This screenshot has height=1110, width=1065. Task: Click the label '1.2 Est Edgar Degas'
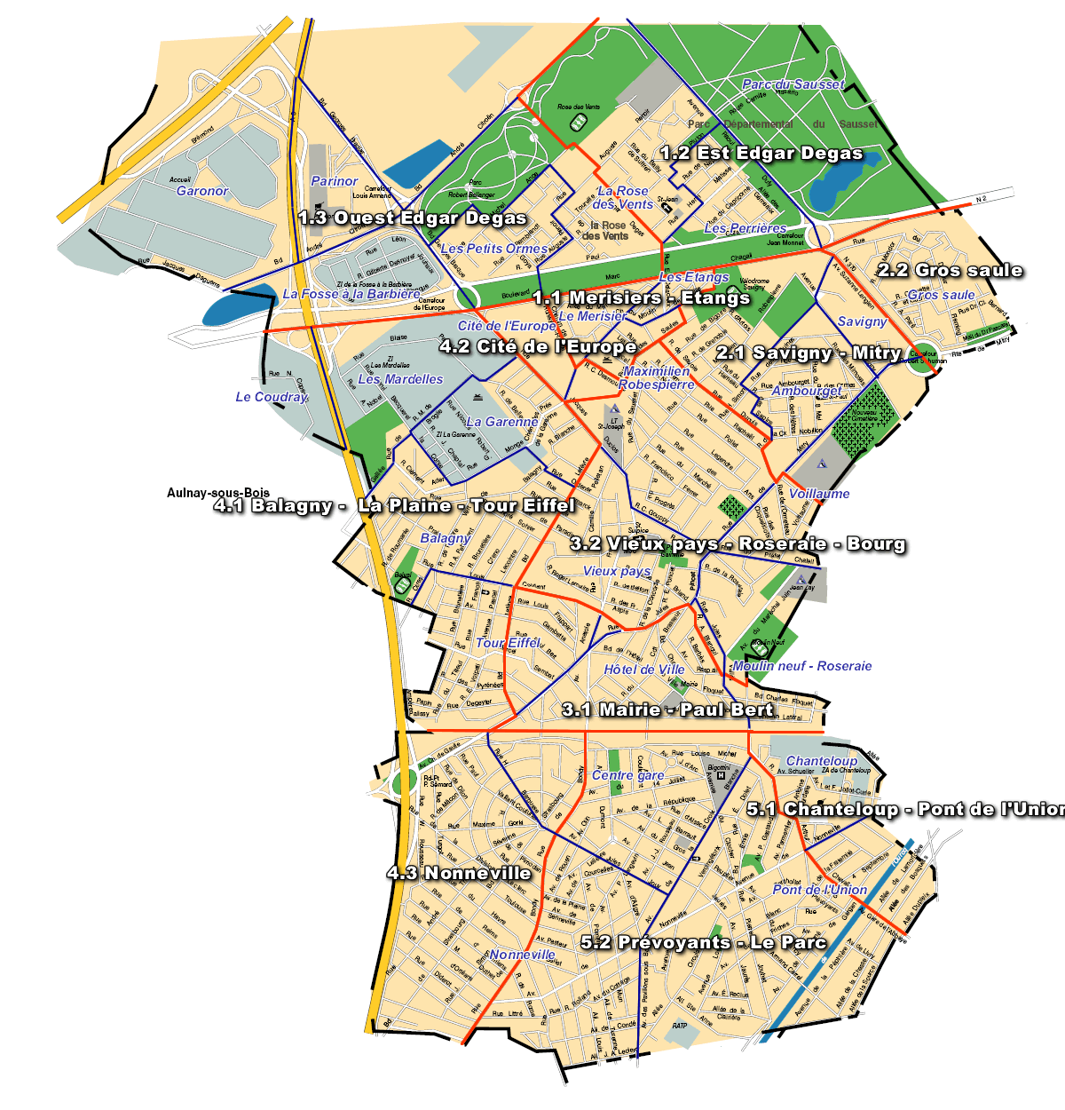(x=761, y=153)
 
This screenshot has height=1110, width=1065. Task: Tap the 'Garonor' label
(x=202, y=191)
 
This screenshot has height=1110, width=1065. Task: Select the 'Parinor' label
(x=335, y=181)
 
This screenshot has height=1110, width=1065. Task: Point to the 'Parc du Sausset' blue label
(x=793, y=84)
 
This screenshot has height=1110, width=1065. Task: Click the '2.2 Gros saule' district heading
(x=950, y=270)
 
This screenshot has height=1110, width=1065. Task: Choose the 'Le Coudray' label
(x=272, y=397)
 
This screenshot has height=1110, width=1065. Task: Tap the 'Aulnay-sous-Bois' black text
(x=218, y=493)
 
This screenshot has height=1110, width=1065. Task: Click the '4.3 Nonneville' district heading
(x=459, y=873)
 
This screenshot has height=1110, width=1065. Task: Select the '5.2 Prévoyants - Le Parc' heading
(x=704, y=942)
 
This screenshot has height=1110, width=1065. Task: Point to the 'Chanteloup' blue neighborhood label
(x=822, y=761)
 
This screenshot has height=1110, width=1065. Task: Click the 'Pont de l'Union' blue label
(x=819, y=890)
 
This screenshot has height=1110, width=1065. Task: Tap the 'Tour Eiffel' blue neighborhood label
(x=508, y=642)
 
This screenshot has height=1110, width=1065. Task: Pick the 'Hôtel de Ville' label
(x=644, y=670)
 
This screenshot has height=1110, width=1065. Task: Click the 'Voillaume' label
(x=819, y=494)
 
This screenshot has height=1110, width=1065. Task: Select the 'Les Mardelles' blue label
(x=400, y=379)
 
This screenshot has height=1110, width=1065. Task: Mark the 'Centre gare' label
(x=628, y=775)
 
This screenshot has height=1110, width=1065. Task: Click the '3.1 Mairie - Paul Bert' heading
(x=667, y=710)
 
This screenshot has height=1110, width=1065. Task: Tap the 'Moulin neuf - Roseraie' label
(x=802, y=666)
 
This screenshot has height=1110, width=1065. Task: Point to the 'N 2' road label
(x=981, y=200)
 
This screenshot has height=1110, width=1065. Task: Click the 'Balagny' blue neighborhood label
(x=446, y=537)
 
